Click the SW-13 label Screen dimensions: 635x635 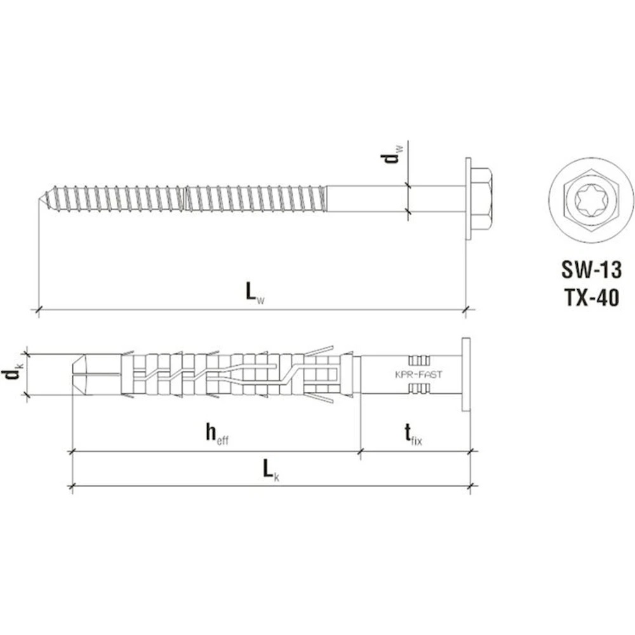591,270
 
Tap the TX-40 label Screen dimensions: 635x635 591,298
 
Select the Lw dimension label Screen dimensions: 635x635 255,292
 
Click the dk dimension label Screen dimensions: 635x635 14,374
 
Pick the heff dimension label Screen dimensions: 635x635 217,434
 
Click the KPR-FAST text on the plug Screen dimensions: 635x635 418,375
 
